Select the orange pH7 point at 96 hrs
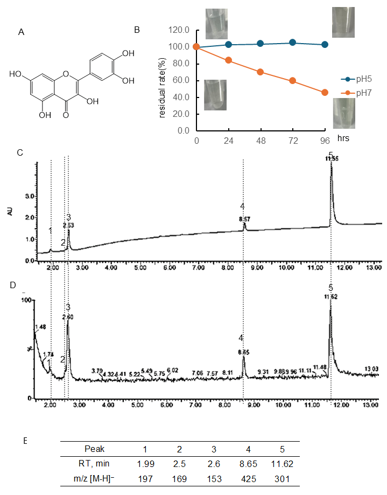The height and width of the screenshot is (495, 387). point(325,93)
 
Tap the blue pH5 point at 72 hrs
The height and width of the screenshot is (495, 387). point(292,43)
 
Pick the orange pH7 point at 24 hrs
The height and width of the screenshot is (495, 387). point(228,60)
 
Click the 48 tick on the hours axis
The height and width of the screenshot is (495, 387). point(261,139)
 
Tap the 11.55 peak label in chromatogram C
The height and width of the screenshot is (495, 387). point(332,159)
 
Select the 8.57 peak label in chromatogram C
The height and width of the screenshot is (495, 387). point(244,220)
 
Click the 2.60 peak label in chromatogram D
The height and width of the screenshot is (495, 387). point(68,317)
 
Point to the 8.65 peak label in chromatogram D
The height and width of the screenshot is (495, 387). point(243,352)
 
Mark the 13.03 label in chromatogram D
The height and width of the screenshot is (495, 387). point(371,368)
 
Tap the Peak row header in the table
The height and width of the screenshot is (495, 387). point(95,448)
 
